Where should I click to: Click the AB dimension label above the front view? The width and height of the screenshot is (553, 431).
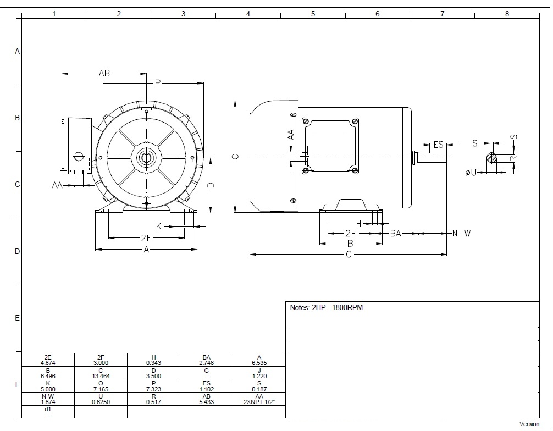(104, 73)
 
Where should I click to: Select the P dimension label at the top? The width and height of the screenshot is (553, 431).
(158, 83)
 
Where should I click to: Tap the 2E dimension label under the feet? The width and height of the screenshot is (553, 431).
(146, 238)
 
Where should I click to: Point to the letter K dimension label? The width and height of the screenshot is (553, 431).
(159, 226)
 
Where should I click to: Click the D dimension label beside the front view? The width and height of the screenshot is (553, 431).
(211, 185)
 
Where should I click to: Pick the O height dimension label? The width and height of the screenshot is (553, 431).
(236, 156)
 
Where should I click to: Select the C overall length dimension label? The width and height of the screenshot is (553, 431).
(349, 255)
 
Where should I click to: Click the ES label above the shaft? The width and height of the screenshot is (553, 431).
(438, 145)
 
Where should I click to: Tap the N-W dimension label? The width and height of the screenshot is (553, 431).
(461, 233)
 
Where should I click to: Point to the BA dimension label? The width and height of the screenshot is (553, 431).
(396, 233)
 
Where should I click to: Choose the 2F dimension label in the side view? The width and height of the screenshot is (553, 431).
(350, 233)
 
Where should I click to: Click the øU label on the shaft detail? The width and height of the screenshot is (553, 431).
(471, 173)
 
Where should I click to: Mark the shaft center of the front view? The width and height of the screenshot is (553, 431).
(146, 158)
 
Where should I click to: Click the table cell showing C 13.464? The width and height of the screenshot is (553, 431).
(101, 373)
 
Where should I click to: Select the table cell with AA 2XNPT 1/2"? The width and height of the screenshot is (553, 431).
(259, 399)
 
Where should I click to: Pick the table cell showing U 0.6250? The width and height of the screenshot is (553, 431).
(101, 399)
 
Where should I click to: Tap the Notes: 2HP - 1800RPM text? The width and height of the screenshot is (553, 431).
(326, 307)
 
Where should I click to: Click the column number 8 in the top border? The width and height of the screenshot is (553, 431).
(507, 14)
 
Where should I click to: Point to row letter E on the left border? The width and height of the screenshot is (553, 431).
(17, 318)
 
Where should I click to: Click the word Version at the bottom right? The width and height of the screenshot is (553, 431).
(529, 424)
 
